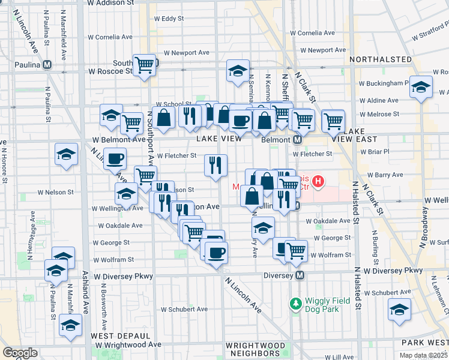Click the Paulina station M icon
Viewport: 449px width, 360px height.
pos(46,65)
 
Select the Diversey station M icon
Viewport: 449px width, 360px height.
pos(301,275)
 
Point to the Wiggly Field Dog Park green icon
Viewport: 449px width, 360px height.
pos(295,304)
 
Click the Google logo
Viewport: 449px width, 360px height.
pos(20,353)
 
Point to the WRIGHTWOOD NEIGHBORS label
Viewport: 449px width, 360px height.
pos(255,350)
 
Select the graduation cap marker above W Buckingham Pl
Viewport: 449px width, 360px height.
pos(421,87)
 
